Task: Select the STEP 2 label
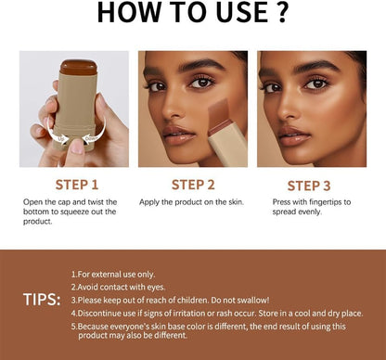[x=192, y=185]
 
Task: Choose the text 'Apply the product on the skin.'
[x=191, y=201]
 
